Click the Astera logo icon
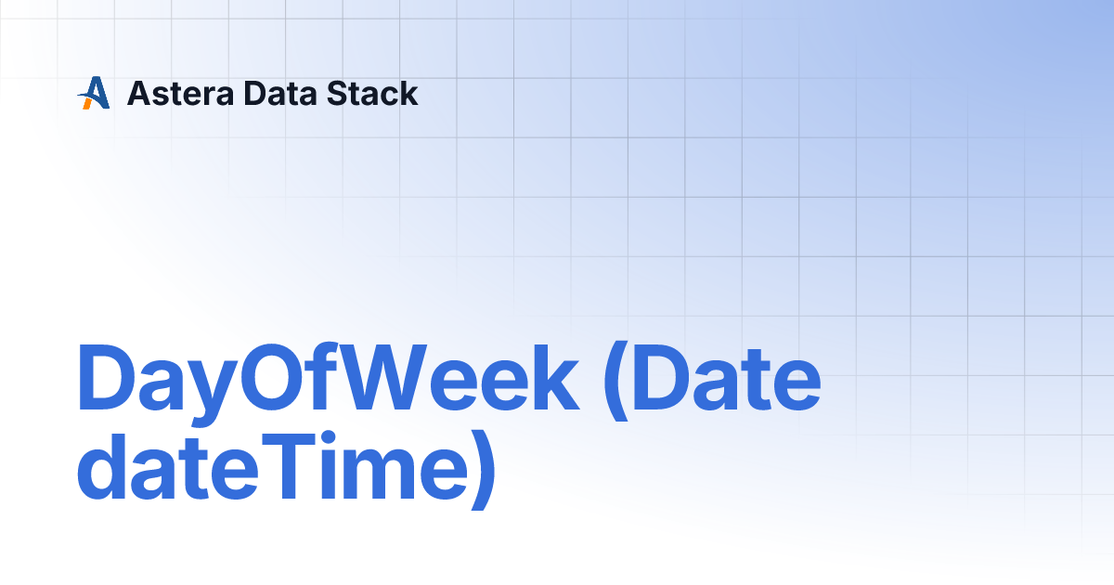pyautogui.click(x=94, y=93)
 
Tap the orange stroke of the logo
pyautogui.click(x=86, y=103)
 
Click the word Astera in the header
pyautogui.click(x=180, y=94)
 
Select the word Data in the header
pyautogui.click(x=280, y=94)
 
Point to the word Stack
pyautogui.click(x=372, y=94)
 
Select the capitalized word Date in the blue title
pyautogui.click(x=726, y=377)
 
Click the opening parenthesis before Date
pyautogui.click(x=615, y=382)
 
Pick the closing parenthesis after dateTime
pyautogui.click(x=484, y=470)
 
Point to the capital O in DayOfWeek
pyautogui.click(x=273, y=377)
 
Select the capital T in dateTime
pyautogui.click(x=288, y=466)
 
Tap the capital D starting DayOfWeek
pyautogui.click(x=106, y=377)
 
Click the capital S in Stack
pyautogui.click(x=340, y=94)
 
